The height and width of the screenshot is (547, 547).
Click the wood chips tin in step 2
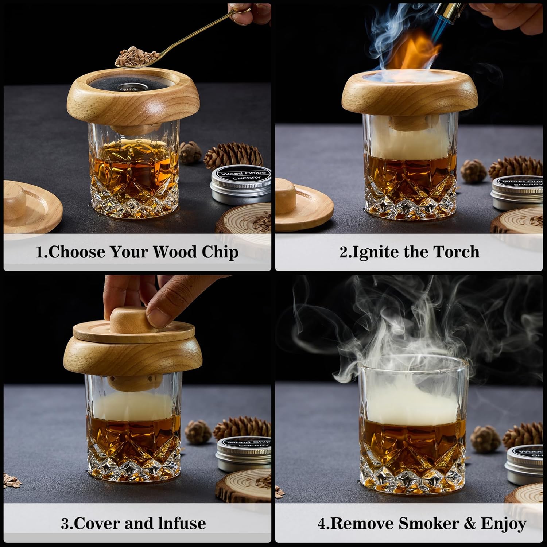click(518, 191)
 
